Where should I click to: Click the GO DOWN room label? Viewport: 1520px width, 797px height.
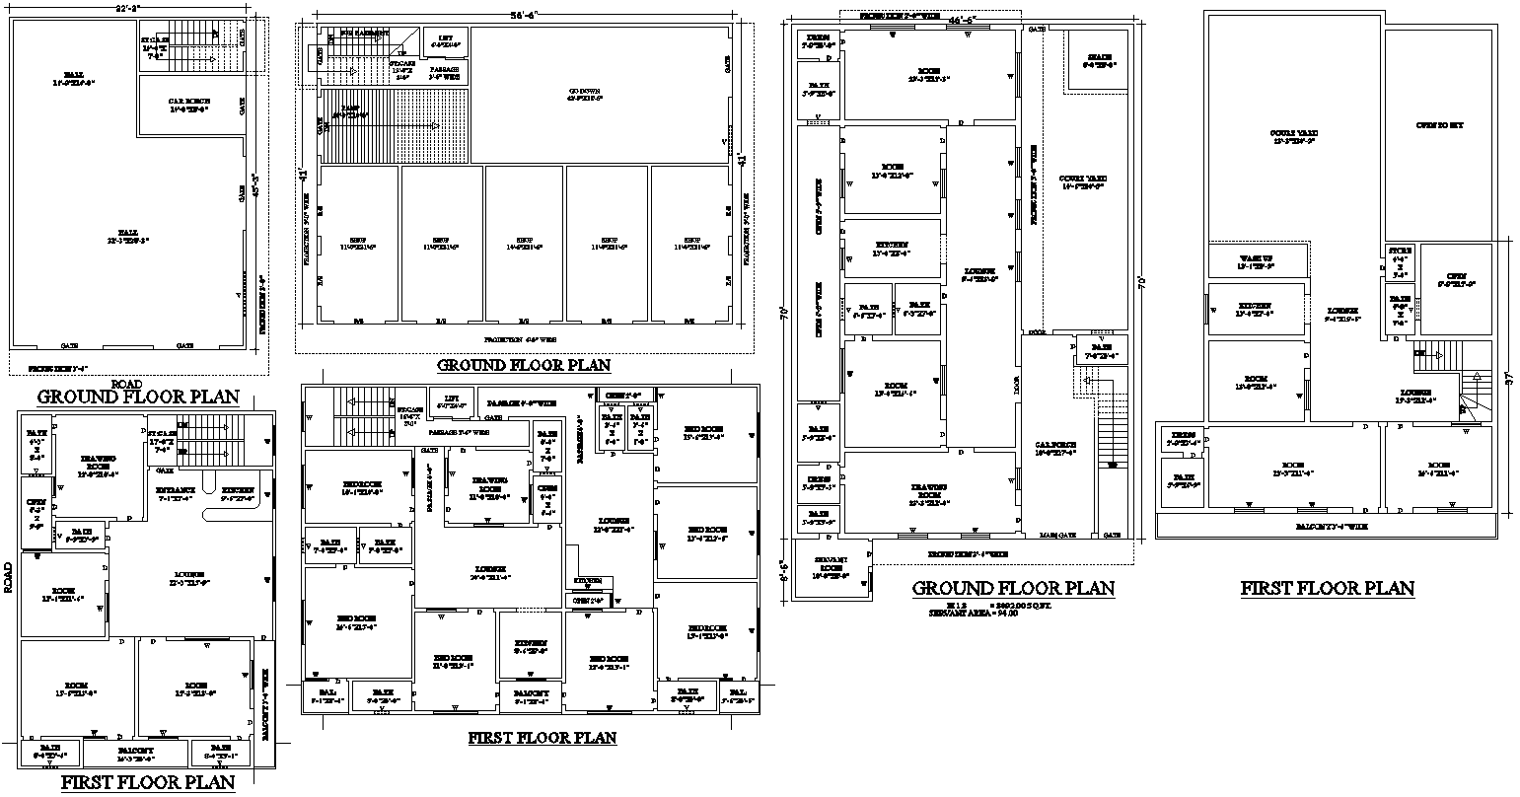(x=584, y=94)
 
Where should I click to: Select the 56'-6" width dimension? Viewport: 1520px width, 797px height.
(x=522, y=16)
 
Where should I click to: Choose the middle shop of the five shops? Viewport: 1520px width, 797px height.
(x=523, y=244)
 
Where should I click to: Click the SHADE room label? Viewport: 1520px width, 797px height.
(x=1099, y=61)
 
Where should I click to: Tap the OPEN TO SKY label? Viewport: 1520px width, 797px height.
(x=1439, y=125)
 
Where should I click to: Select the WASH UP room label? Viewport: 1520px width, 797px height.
(x=1257, y=260)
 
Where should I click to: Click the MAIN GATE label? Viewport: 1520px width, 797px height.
(x=1057, y=535)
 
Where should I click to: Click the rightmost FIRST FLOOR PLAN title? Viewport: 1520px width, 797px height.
(x=1327, y=589)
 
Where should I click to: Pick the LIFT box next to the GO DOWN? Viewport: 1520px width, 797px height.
(x=444, y=41)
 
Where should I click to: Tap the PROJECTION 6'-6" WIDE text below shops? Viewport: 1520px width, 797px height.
(x=522, y=338)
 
